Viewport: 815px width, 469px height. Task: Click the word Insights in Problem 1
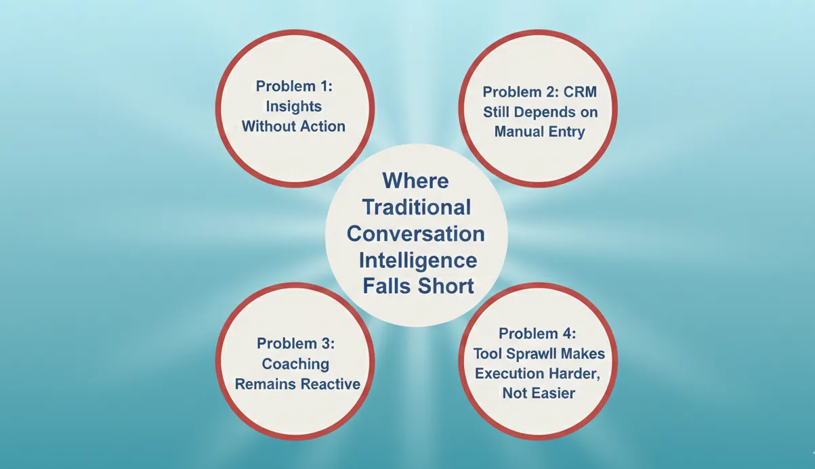pos(293,106)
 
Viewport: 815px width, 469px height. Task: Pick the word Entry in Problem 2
pos(566,131)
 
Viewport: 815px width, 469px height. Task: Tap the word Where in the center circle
pos(415,181)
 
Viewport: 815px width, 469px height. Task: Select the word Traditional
pos(415,207)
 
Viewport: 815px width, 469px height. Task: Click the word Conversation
pos(415,233)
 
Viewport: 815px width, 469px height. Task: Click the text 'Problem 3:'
pos(295,344)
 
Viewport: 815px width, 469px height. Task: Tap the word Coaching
pos(295,364)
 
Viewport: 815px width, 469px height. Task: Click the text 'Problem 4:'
pos(538,334)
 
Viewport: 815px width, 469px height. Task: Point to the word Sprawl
pos(539,354)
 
